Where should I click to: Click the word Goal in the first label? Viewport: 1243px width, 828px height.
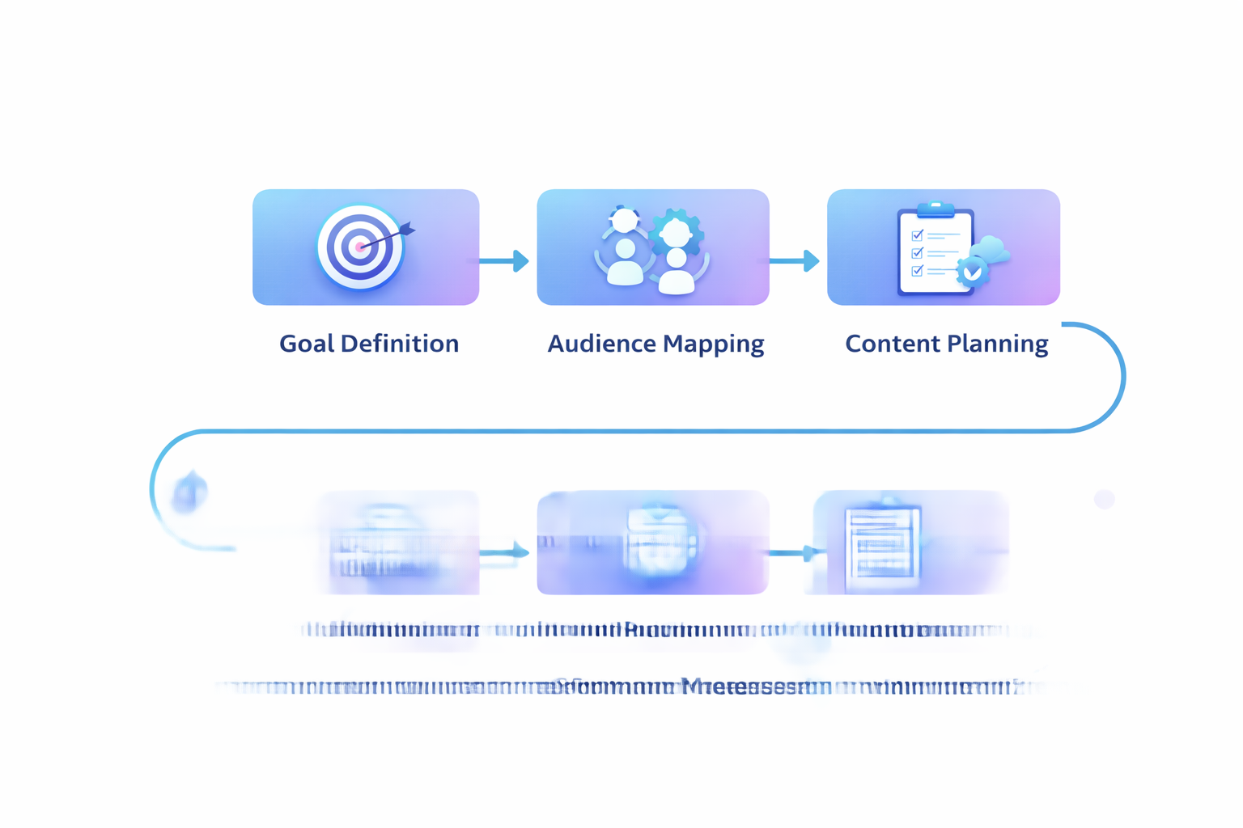(307, 344)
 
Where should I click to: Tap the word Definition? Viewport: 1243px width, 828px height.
(400, 344)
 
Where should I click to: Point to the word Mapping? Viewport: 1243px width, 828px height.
(713, 344)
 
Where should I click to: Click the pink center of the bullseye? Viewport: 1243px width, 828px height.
(358, 247)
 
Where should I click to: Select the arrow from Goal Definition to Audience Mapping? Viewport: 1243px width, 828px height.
(504, 261)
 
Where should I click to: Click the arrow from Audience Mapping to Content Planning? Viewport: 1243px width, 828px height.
(794, 261)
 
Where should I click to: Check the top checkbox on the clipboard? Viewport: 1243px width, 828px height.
(917, 235)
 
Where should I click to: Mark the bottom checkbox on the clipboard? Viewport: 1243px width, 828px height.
(917, 271)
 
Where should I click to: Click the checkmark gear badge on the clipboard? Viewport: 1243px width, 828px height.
(973, 273)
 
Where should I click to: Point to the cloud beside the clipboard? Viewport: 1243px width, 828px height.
(992, 250)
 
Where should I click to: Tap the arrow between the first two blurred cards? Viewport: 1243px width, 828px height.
(504, 552)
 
